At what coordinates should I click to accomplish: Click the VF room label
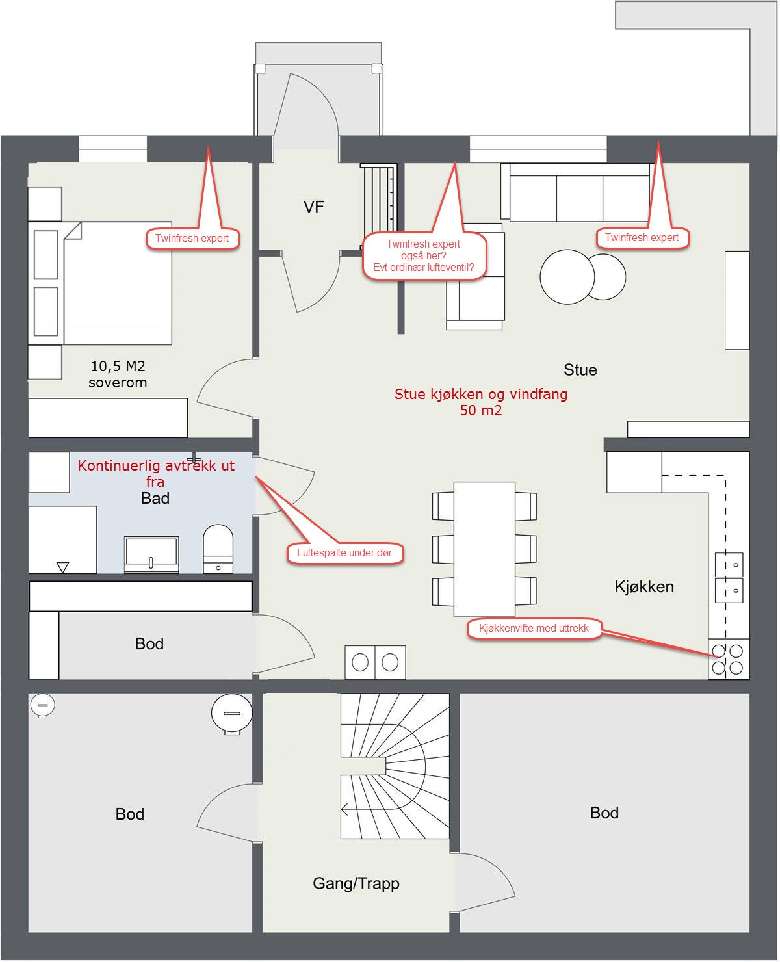(313, 207)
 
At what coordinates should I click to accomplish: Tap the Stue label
(580, 370)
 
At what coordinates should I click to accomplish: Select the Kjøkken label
(643, 587)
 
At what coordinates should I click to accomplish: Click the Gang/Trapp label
(356, 883)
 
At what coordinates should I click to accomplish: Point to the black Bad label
(155, 498)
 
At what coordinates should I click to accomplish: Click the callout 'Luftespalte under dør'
(344, 552)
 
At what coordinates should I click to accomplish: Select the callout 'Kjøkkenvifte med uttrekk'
(534, 629)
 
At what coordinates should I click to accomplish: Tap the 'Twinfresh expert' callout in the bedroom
(192, 238)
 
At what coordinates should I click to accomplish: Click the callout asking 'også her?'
(424, 255)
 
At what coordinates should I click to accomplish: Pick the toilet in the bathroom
(218, 549)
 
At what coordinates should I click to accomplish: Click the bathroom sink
(151, 554)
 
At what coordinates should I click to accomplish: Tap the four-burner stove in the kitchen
(728, 659)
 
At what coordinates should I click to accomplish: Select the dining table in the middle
(484, 549)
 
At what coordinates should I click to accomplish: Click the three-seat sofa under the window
(577, 192)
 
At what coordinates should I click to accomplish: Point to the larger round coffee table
(567, 276)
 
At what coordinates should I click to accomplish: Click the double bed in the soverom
(100, 283)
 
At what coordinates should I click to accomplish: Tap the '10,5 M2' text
(118, 366)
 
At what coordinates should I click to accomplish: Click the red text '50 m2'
(480, 411)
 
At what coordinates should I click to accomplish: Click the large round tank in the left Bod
(231, 713)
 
